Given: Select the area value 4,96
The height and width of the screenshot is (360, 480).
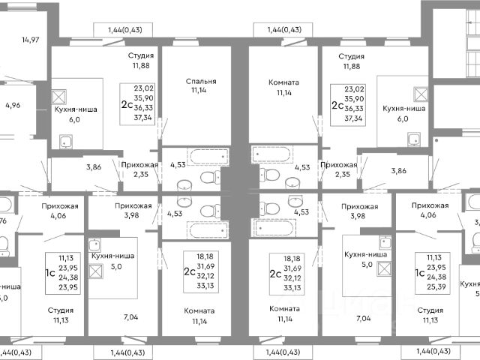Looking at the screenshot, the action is (x=12, y=105).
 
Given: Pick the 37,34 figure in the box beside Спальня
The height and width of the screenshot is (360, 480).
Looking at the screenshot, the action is (x=142, y=117).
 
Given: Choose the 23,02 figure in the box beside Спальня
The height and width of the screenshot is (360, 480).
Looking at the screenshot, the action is (x=142, y=88).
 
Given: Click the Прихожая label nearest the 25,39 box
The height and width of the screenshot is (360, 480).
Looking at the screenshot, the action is (x=430, y=205).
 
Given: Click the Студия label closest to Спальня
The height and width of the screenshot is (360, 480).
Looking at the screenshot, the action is (x=141, y=55).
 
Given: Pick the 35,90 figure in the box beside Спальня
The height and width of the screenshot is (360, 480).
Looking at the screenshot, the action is (x=142, y=97).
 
